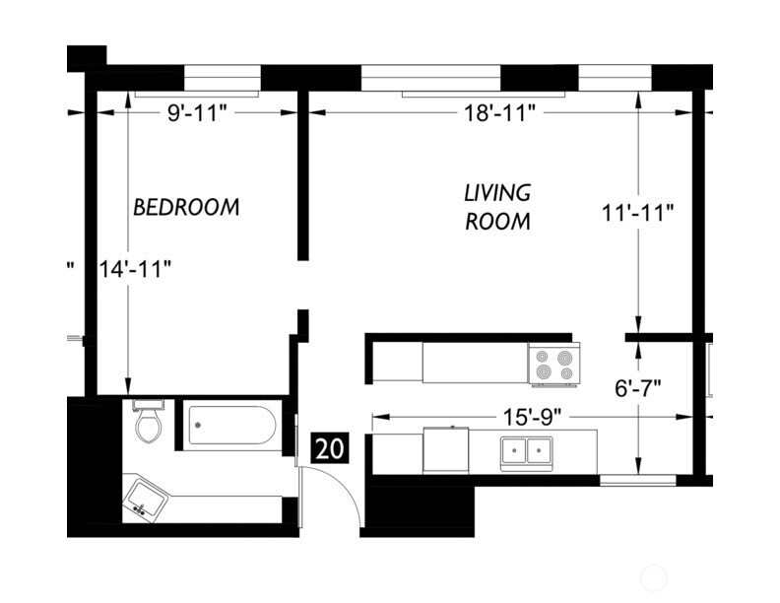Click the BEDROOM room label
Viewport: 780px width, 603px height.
pos(186,208)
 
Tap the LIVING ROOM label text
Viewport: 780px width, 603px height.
pos(497,207)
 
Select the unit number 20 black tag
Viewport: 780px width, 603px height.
pos(330,448)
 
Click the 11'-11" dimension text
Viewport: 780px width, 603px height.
pos(639,211)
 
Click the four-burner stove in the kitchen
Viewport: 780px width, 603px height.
pos(553,364)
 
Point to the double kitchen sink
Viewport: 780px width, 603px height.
pos(526,451)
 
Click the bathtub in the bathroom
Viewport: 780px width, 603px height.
pos(230,426)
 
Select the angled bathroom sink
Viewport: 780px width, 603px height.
pos(144,500)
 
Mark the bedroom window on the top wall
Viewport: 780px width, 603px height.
pos(222,78)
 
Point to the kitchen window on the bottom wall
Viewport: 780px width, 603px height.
pos(637,481)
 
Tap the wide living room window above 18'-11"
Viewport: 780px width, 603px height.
pos(431,78)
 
